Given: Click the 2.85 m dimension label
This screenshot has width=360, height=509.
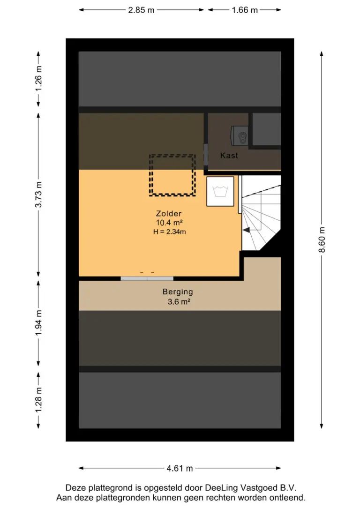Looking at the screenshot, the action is (141, 10).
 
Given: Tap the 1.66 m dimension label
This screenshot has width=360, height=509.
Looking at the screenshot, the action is (245, 10).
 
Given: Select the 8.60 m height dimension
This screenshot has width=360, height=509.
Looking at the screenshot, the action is (322, 240).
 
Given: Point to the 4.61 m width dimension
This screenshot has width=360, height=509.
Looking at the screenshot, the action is (180, 468).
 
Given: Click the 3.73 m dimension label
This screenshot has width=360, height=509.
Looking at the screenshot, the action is (38, 195).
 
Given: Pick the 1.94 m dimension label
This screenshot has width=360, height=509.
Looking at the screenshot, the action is (38, 323).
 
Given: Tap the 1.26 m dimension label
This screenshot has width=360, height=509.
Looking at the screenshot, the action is (38, 79).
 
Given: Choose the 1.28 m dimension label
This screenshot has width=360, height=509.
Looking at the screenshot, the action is (38, 400).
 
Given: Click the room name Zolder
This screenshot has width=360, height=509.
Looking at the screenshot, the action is (168, 214).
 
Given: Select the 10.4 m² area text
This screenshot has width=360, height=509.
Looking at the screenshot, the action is (169, 223).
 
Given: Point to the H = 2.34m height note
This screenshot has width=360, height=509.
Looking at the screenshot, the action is (169, 232).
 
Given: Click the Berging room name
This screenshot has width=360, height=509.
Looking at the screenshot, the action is (178, 292).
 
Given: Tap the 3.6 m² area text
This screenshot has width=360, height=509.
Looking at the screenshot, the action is (179, 301).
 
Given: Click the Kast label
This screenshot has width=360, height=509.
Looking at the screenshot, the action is (229, 156).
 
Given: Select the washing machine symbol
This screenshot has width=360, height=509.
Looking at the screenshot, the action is (220, 191).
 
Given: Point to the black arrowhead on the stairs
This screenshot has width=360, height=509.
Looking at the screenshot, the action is (247, 230).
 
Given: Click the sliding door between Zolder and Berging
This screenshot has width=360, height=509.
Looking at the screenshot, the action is (147, 278).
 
